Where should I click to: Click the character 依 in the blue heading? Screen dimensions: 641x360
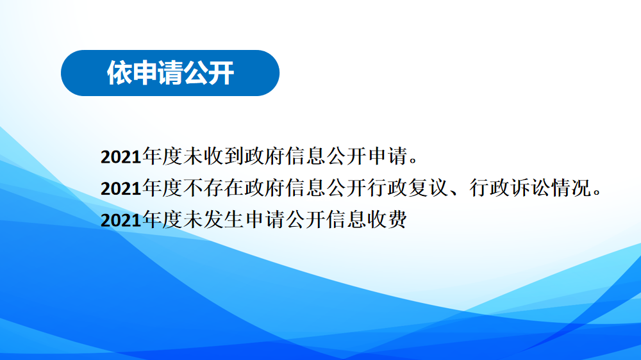click(119, 73)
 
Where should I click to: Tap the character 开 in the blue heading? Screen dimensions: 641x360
click(221, 73)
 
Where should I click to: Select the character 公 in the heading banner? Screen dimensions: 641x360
click(196, 73)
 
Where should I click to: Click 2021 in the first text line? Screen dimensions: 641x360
click(121, 157)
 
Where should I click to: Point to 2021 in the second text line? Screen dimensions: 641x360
click(121, 189)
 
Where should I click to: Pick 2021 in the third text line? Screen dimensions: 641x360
click(121, 220)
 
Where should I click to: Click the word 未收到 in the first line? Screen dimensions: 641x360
click(213, 156)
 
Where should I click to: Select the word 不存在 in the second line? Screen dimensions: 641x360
click(213, 188)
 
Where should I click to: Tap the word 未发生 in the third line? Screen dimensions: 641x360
click(213, 220)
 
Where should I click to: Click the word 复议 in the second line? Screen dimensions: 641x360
click(428, 188)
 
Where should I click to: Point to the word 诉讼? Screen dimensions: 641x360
click(530, 188)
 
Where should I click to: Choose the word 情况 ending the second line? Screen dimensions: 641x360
click(571, 188)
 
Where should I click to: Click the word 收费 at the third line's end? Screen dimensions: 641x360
click(387, 220)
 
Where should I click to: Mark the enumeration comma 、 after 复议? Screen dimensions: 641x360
click(455, 193)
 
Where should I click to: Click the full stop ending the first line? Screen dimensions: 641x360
click(413, 161)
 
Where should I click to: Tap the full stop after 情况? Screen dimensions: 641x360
click(597, 193)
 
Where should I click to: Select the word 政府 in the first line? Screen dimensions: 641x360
click(265, 156)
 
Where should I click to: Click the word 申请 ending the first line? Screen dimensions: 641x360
click(387, 156)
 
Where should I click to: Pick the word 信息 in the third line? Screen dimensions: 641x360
click(346, 220)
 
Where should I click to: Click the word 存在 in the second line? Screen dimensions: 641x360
click(224, 188)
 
